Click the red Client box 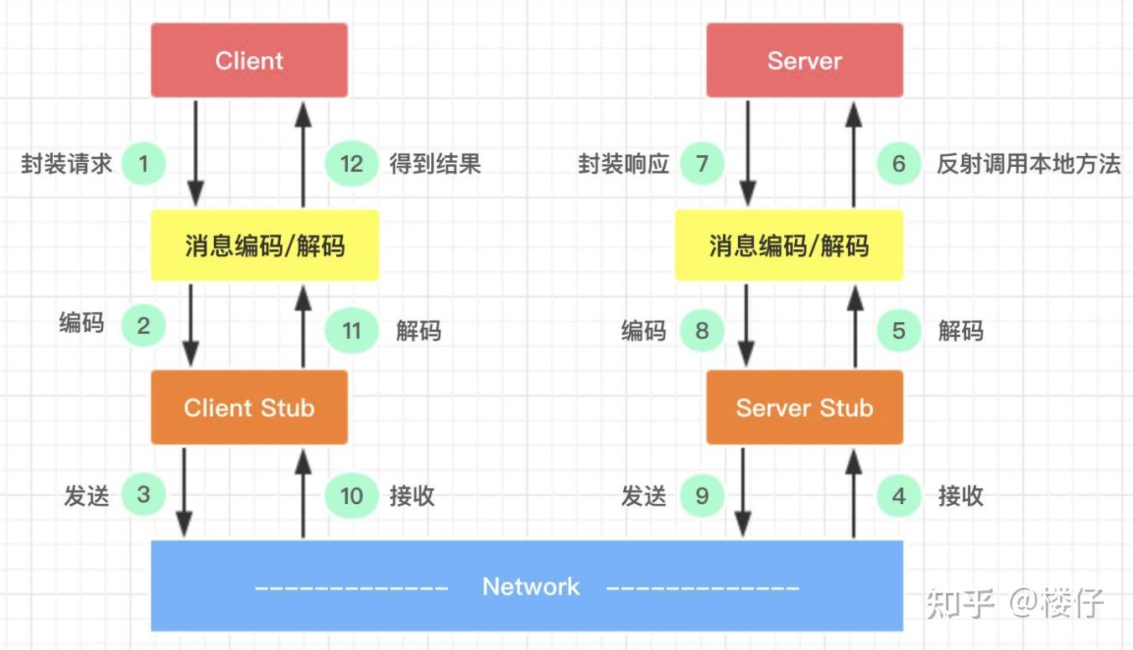tap(249, 60)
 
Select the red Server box tap(804, 60)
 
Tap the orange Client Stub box tap(249, 408)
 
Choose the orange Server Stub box tap(804, 408)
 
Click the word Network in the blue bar tap(531, 586)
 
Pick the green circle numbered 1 tap(143, 164)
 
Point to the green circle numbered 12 tap(351, 164)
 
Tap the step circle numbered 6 tap(899, 164)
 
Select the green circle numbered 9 tap(702, 496)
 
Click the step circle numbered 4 tap(899, 496)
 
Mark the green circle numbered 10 tap(351, 496)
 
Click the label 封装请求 tap(66, 164)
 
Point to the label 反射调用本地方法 tap(1028, 164)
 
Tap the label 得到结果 tap(435, 164)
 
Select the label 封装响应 tap(624, 164)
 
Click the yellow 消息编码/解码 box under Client tap(264, 246)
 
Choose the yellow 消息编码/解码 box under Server tap(789, 246)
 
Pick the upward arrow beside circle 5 tap(854, 327)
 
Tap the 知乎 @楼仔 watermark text tap(1015, 603)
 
